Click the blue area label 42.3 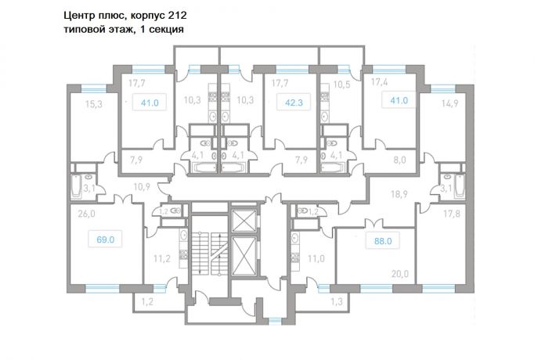tap(294, 103)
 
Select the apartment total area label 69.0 tap(105, 240)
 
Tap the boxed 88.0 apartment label tap(383, 241)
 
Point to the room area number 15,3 tap(94, 104)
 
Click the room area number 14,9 tap(449, 103)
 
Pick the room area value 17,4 tap(380, 82)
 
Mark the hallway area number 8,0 tap(399, 160)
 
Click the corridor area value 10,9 tap(142, 187)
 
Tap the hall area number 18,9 tap(399, 194)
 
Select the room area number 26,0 tap(86, 214)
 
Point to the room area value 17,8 tap(451, 214)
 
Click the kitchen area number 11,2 tap(161, 259)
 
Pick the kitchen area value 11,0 tap(316, 259)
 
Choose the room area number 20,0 tap(400, 274)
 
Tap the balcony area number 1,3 tap(337, 302)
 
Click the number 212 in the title tap(178, 16)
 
